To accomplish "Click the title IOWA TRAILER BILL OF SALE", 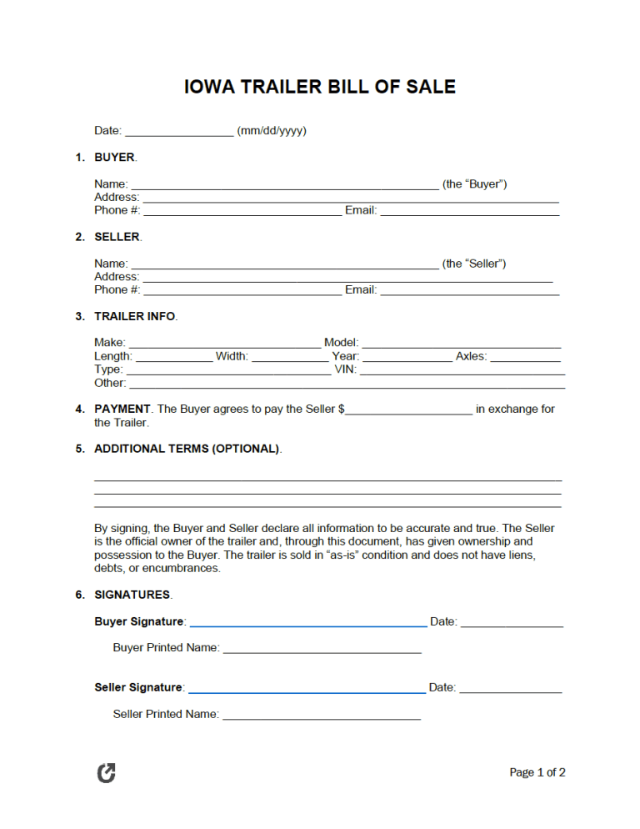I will tap(319, 87).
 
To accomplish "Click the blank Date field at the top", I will tap(179, 131).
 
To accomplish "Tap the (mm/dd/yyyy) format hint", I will tap(272, 131).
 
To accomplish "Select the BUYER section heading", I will tap(115, 157).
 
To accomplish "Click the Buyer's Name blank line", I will tap(285, 184).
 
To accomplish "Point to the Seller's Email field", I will tap(469, 290).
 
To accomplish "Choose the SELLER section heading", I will tap(117, 237).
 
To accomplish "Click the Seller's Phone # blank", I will tap(242, 290).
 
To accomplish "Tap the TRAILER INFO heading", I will tap(135, 316).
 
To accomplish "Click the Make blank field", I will tap(224, 343).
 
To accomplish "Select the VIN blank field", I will tap(462, 369).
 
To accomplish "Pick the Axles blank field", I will tap(525, 357).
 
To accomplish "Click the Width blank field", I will tap(289, 357).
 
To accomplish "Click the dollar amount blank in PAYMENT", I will tap(408, 409).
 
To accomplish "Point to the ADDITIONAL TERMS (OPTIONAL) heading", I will tap(187, 449).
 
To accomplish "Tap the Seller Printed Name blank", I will tap(321, 715).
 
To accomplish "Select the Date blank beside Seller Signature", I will tap(510, 688).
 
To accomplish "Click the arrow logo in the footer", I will tap(107, 773).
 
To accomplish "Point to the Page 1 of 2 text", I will tap(537, 773).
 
